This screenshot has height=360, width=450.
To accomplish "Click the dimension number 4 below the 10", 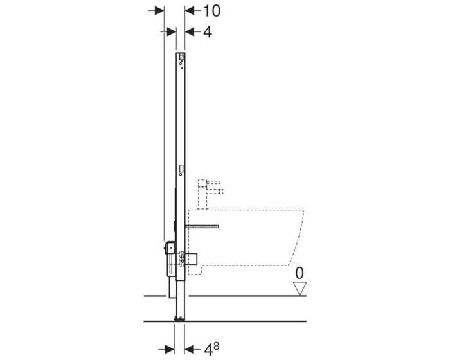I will tap(207, 32).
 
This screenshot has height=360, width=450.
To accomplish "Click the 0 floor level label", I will tap(300, 273).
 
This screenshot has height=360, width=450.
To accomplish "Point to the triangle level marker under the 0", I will tap(300, 289).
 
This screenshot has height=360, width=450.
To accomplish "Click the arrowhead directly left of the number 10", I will tap(190, 11).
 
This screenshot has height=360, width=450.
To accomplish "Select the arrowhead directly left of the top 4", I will tap(190, 32).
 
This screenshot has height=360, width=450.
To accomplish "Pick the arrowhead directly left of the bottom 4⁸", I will tap(190, 349).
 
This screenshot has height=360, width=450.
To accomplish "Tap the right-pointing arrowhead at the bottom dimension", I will tap(170, 349).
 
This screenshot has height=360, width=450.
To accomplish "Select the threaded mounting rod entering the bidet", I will tap(202, 226).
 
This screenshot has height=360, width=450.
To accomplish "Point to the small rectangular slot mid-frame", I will tap(181, 170).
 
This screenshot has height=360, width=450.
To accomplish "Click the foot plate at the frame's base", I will tap(180, 318).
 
